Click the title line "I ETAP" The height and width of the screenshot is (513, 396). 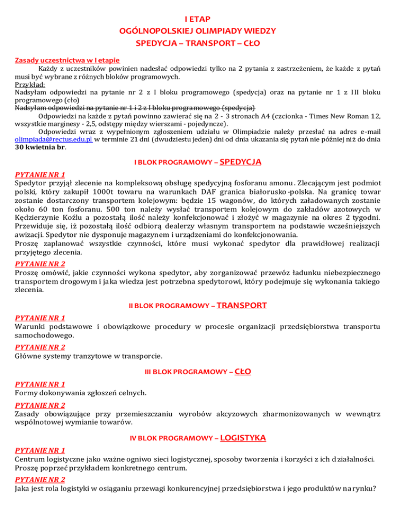(x=198, y=20)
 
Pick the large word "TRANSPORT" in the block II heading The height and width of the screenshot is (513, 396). (x=242, y=306)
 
